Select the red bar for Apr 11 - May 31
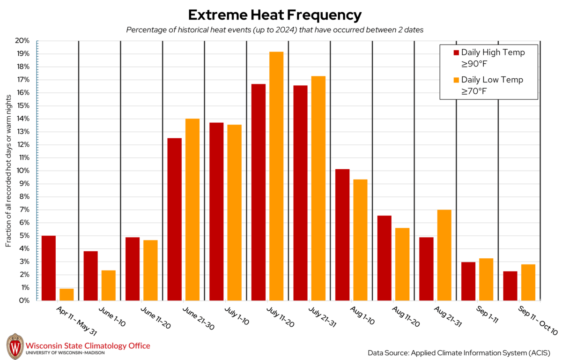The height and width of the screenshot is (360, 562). [49, 268]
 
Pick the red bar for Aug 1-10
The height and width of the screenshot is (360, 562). [342, 234]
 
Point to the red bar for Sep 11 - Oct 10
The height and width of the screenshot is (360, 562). [510, 285]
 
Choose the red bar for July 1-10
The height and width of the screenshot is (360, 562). [216, 211]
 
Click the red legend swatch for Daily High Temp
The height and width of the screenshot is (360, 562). [456, 52]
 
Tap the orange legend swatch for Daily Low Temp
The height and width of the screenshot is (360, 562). [456, 80]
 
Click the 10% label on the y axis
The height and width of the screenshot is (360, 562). [23, 171]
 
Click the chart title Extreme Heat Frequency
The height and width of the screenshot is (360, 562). [274, 15]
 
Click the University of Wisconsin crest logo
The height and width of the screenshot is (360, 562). [15, 345]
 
